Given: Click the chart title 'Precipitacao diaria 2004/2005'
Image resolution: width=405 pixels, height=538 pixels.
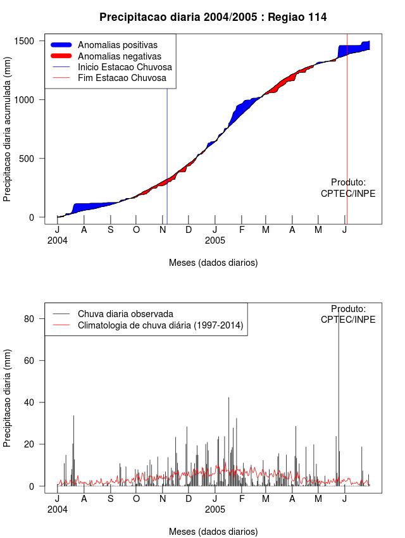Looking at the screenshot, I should click(213, 17).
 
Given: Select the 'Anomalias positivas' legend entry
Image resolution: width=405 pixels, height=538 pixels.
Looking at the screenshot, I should click(118, 45).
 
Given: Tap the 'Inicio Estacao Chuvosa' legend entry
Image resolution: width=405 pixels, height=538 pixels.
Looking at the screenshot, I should click(125, 67).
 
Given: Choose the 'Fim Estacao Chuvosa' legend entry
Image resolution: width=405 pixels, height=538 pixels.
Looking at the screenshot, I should click(121, 78).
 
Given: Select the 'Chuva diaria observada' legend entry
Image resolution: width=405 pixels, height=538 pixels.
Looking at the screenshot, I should click(125, 314).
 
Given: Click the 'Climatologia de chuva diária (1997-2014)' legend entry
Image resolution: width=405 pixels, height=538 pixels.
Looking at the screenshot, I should click(160, 325).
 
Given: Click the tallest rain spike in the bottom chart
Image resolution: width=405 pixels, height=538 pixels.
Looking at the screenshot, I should click(339, 392).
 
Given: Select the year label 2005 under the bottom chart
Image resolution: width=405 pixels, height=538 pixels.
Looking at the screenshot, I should click(215, 509).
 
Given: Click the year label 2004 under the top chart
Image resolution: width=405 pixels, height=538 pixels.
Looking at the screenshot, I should click(57, 241).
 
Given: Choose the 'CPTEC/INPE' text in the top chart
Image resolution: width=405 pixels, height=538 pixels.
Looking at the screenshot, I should click(347, 194).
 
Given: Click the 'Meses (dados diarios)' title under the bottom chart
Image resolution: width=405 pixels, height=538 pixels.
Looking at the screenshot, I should click(213, 532).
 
